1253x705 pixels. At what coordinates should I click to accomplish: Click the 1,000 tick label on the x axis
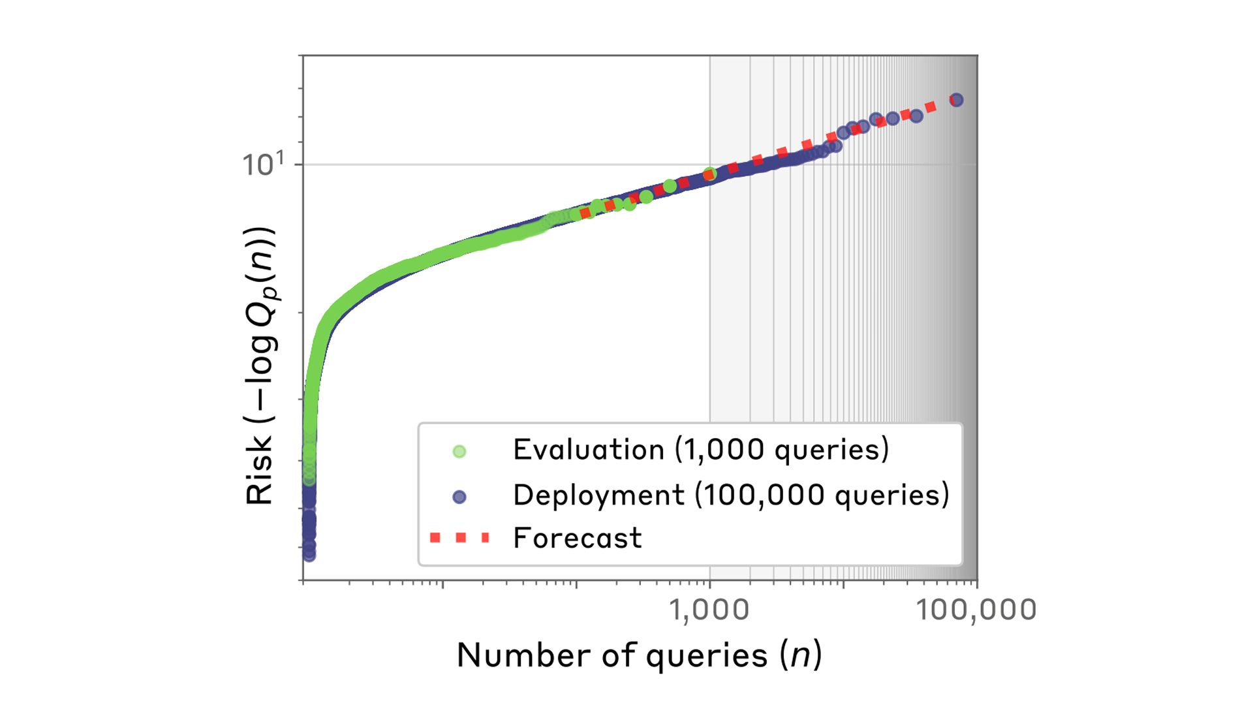coord(709,610)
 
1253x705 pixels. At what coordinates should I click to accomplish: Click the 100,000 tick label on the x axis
coord(976,610)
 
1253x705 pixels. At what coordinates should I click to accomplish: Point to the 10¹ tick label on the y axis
coord(264,164)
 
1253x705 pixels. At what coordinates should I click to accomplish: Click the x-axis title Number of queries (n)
coord(639,655)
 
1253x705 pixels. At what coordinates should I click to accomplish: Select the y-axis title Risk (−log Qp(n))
coord(260,366)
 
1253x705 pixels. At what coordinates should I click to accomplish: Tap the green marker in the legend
coord(459,451)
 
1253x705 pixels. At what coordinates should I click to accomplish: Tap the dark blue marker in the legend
coord(459,497)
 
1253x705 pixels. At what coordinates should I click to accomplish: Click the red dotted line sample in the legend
coord(459,538)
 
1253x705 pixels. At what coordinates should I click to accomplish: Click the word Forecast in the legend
coord(578,539)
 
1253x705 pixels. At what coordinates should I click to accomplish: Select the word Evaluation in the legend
coord(589,450)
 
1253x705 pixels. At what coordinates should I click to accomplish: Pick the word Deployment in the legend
coord(599,495)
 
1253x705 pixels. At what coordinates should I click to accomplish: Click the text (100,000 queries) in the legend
coord(822,495)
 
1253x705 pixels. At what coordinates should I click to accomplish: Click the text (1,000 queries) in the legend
coord(782,450)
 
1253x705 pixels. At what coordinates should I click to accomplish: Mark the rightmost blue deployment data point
coord(957,100)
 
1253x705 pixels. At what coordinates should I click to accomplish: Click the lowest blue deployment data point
coord(309,555)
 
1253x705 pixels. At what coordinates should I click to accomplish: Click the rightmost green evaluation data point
coord(710,174)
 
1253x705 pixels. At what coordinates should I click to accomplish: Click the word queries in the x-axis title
coord(707,657)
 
